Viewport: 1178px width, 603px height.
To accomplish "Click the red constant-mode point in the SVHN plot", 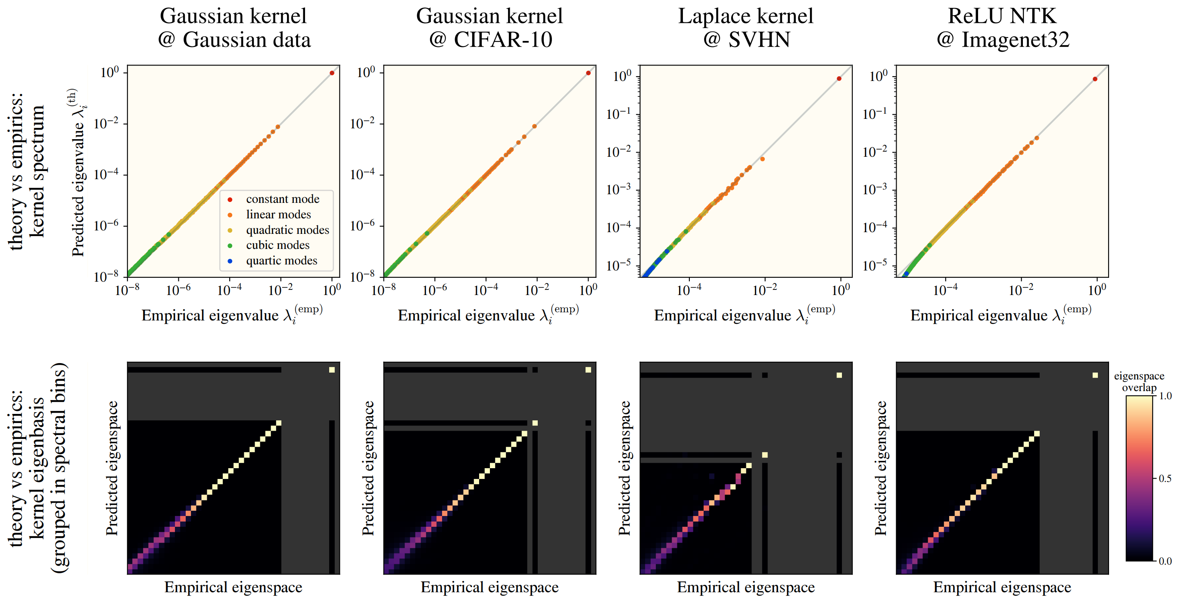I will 838,79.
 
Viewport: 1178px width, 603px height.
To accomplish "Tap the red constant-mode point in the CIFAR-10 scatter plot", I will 588,73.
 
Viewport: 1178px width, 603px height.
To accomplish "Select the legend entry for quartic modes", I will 281,261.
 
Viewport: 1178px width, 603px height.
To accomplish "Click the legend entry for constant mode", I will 282,199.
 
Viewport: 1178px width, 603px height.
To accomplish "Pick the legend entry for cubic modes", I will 277,246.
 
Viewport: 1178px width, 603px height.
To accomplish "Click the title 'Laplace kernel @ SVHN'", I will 746,28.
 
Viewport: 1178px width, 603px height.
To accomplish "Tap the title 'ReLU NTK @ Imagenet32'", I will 1002,28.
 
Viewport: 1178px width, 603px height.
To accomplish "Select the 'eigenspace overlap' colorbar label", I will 1139,382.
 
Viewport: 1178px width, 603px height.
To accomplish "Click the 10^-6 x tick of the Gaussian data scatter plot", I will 178,290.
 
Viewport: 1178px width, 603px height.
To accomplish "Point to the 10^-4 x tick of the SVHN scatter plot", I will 689,290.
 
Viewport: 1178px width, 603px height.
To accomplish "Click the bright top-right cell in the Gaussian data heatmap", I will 332,370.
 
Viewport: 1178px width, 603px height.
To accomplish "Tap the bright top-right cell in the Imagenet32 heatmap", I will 1095,375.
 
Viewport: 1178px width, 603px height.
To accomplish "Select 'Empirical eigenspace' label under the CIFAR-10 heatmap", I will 489,587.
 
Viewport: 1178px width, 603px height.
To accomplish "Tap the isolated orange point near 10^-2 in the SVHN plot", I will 762,159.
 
